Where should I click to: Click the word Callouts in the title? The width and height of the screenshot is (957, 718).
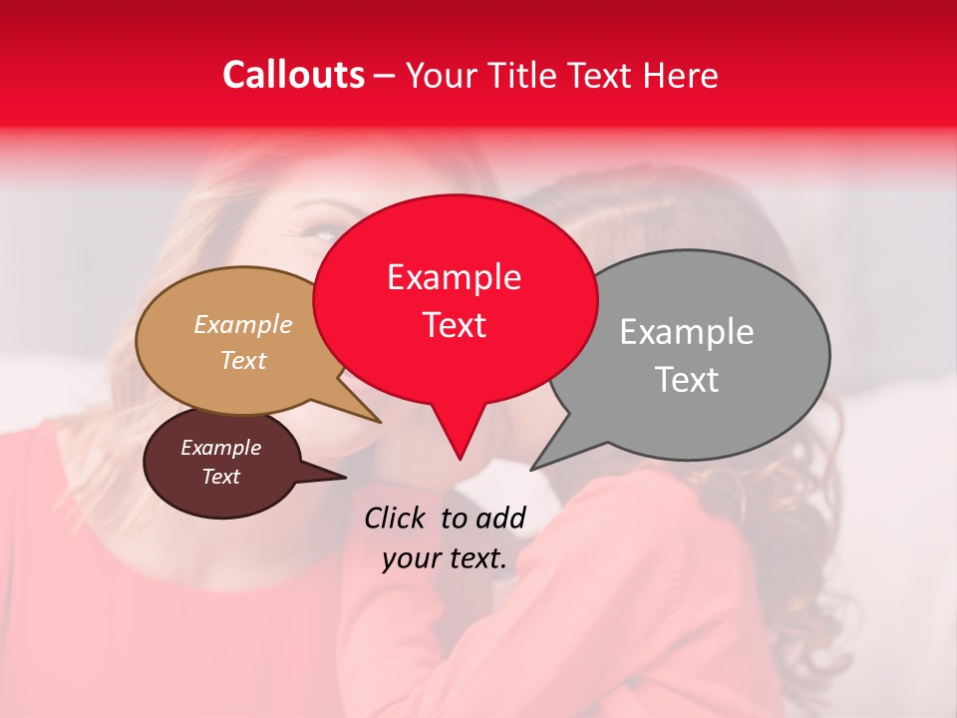click(x=293, y=75)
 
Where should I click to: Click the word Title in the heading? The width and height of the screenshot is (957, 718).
click(x=520, y=75)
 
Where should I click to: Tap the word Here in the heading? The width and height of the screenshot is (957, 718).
click(x=681, y=75)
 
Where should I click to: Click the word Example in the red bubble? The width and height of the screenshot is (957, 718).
click(x=454, y=277)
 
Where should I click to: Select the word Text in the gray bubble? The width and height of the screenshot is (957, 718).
click(x=688, y=379)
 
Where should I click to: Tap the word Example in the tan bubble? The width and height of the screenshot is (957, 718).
click(x=243, y=325)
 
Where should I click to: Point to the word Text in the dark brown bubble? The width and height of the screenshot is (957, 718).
click(x=221, y=477)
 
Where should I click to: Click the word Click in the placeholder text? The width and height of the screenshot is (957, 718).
click(x=396, y=518)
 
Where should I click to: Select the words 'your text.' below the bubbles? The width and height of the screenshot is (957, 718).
click(x=445, y=558)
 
